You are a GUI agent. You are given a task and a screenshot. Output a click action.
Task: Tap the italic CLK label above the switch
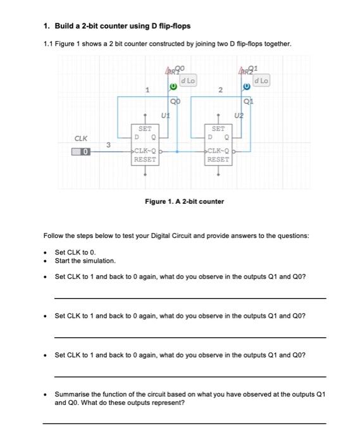click(x=81, y=137)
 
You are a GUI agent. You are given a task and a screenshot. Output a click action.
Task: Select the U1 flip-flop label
click(x=166, y=116)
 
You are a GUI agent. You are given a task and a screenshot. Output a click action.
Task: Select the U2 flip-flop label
click(x=239, y=116)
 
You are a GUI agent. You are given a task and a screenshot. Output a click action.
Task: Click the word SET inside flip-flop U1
click(x=144, y=128)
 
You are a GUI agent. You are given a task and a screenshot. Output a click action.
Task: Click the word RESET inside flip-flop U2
click(x=218, y=159)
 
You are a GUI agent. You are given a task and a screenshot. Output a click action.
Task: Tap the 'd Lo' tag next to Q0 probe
click(x=188, y=80)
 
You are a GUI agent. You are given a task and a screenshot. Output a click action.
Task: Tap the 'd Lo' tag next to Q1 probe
click(x=261, y=80)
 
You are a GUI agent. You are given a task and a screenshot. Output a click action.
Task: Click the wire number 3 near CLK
click(x=108, y=145)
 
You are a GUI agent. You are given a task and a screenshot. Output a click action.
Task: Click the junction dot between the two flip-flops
click(x=177, y=152)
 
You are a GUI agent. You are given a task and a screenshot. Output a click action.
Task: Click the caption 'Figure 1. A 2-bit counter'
click(x=184, y=201)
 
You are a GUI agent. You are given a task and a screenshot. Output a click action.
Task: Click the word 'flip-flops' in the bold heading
click(x=172, y=26)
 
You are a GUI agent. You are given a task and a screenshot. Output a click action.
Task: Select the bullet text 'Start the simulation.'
click(x=85, y=261)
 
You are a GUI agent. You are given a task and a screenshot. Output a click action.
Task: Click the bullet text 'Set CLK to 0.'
click(x=75, y=252)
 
